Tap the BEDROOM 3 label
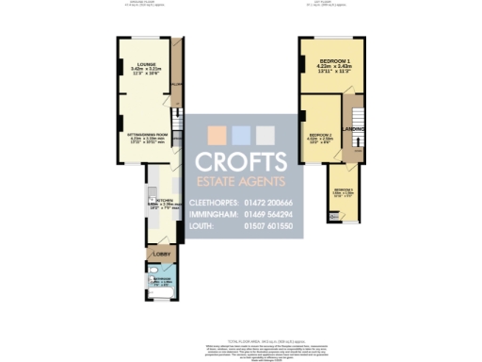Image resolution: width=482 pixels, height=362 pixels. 342,191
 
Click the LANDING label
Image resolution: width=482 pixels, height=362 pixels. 353,128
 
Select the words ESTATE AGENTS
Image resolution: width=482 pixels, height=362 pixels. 240,180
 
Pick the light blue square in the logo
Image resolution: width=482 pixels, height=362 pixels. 240,134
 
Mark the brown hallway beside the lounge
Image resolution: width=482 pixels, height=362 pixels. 176,71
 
